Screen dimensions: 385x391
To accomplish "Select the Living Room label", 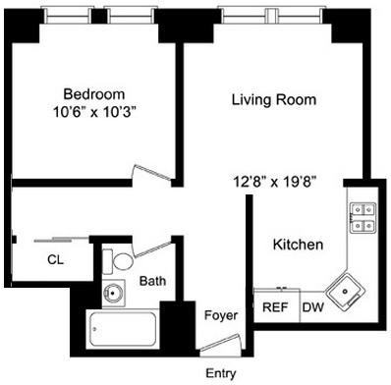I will click(x=272, y=99).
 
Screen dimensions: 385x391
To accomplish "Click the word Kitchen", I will click(x=298, y=245).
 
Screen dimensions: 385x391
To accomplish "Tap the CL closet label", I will click(x=55, y=260).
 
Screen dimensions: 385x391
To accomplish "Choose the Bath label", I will click(x=152, y=281).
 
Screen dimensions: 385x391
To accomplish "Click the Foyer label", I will click(x=220, y=315).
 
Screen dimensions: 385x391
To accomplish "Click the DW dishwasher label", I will click(x=313, y=307).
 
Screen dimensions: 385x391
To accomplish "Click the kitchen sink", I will click(x=345, y=289).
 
